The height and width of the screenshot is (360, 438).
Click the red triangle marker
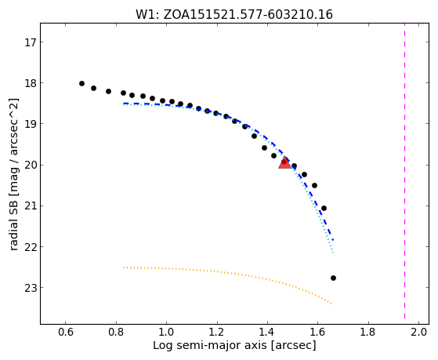point(284,163)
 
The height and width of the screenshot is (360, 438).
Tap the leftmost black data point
point(81,83)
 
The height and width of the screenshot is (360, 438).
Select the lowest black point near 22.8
point(333,278)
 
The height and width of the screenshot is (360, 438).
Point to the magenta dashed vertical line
point(404,174)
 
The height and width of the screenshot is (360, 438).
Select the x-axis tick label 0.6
point(65,332)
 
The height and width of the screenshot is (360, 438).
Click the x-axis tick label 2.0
point(418,332)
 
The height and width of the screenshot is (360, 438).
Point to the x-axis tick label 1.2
point(217,332)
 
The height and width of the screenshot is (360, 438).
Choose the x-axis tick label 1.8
point(368,332)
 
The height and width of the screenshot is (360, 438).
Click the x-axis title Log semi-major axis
point(210,346)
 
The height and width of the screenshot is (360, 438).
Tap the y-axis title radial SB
point(13,219)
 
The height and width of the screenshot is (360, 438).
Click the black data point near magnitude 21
point(324,208)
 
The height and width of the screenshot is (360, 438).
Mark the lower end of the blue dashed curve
point(333,240)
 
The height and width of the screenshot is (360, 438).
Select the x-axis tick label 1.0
point(166,332)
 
